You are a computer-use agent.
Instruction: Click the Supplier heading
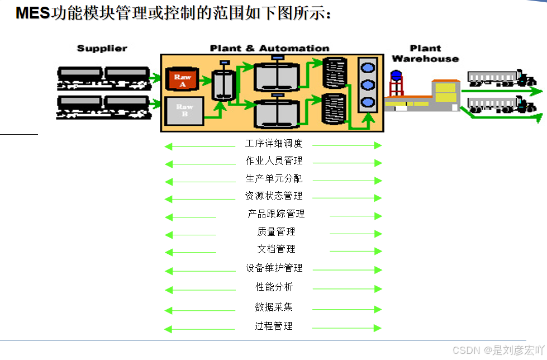[102, 49]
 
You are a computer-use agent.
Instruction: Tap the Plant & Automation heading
[269, 49]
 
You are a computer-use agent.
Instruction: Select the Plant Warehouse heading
[425, 54]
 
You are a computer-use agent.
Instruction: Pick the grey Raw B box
[184, 110]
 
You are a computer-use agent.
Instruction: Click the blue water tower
[396, 82]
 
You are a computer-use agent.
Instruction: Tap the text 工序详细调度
[274, 144]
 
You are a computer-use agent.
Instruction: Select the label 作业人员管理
[274, 161]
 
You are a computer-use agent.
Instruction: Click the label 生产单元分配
[274, 179]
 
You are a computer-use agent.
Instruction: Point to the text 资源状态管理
[274, 196]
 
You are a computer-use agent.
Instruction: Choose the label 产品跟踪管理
[276, 214]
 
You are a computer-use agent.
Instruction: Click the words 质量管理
[276, 231]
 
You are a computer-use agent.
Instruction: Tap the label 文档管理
[276, 249]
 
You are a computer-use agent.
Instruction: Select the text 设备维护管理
[274, 268]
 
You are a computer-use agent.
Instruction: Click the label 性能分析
[274, 287]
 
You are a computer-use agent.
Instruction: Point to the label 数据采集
[274, 307]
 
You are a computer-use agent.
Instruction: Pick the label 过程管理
[274, 326]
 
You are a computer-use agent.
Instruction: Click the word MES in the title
[33, 13]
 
